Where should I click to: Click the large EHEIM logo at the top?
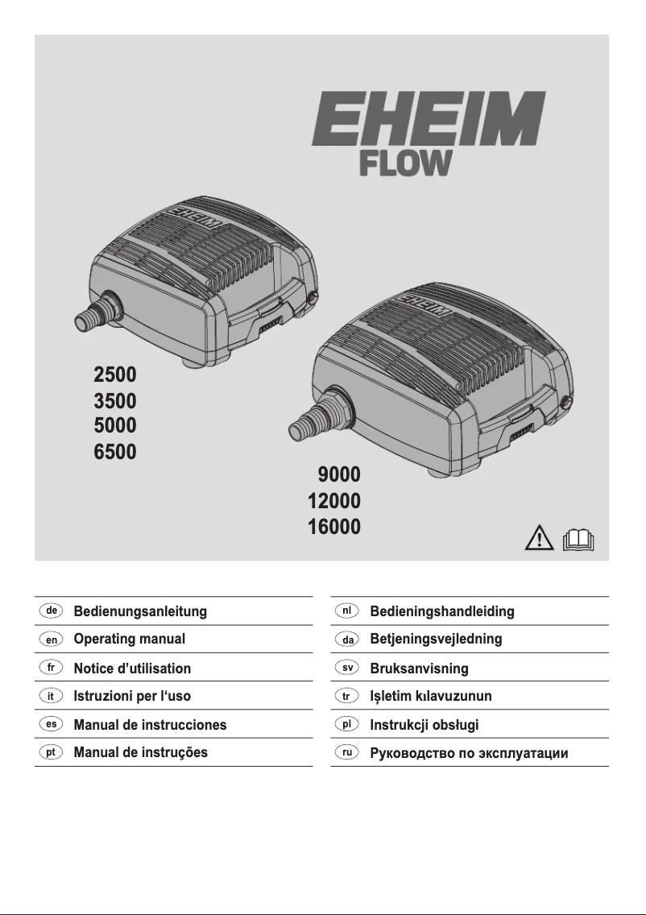429,118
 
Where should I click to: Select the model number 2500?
115,375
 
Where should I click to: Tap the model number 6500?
115,451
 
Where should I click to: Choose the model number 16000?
334,527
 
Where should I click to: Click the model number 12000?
334,500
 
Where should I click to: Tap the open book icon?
578,537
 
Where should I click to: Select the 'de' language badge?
51,611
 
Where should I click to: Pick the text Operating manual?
130,640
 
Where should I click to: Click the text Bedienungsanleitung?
140,611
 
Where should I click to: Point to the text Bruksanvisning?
419,669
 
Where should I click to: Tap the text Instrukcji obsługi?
424,725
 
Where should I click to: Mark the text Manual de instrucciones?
150,725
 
